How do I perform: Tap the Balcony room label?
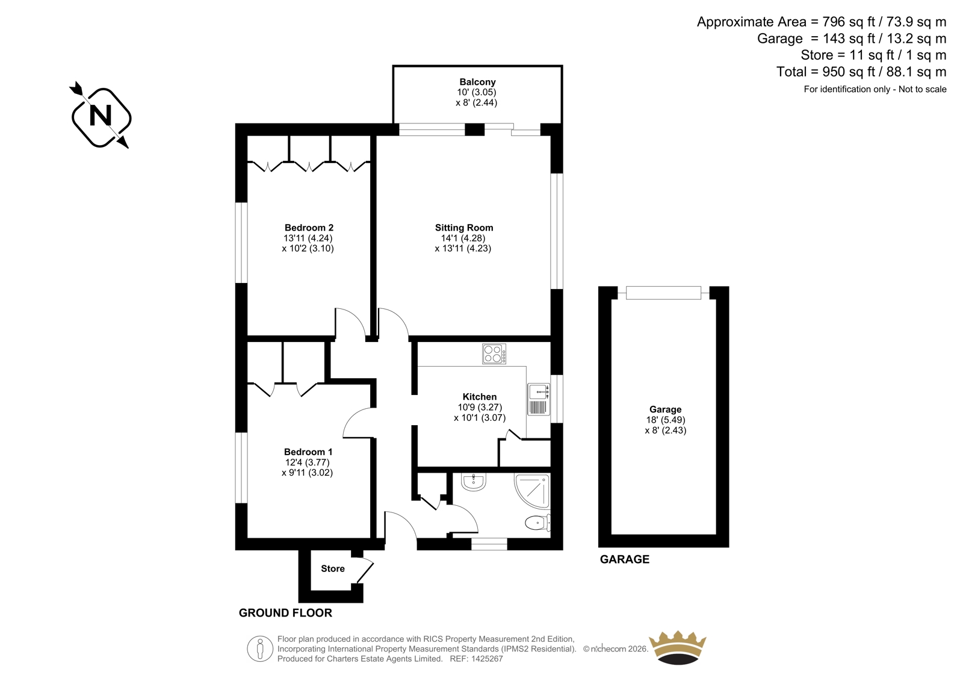tap(477, 82)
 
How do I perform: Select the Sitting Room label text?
tap(464, 228)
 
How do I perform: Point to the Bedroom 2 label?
tap(309, 228)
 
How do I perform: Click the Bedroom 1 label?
tap(308, 452)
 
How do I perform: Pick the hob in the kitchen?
tap(494, 353)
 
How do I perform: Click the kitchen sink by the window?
tap(539, 399)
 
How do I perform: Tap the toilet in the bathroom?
tap(538, 523)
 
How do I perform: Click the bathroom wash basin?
tap(474, 482)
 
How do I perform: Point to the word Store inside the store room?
tap(333, 569)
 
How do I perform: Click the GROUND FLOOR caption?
tap(285, 613)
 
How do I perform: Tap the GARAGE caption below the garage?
tap(625, 559)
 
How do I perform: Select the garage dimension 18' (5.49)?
tap(666, 420)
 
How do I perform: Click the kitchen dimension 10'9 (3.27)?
tap(480, 407)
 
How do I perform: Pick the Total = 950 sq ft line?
tap(861, 72)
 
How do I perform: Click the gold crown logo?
tap(678, 647)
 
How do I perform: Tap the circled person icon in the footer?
tap(260, 648)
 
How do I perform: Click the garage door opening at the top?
tap(663, 293)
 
